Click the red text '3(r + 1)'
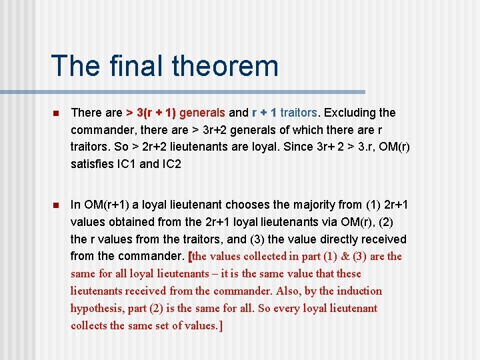[157, 113]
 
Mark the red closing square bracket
[220, 326]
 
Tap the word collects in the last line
[89, 326]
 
